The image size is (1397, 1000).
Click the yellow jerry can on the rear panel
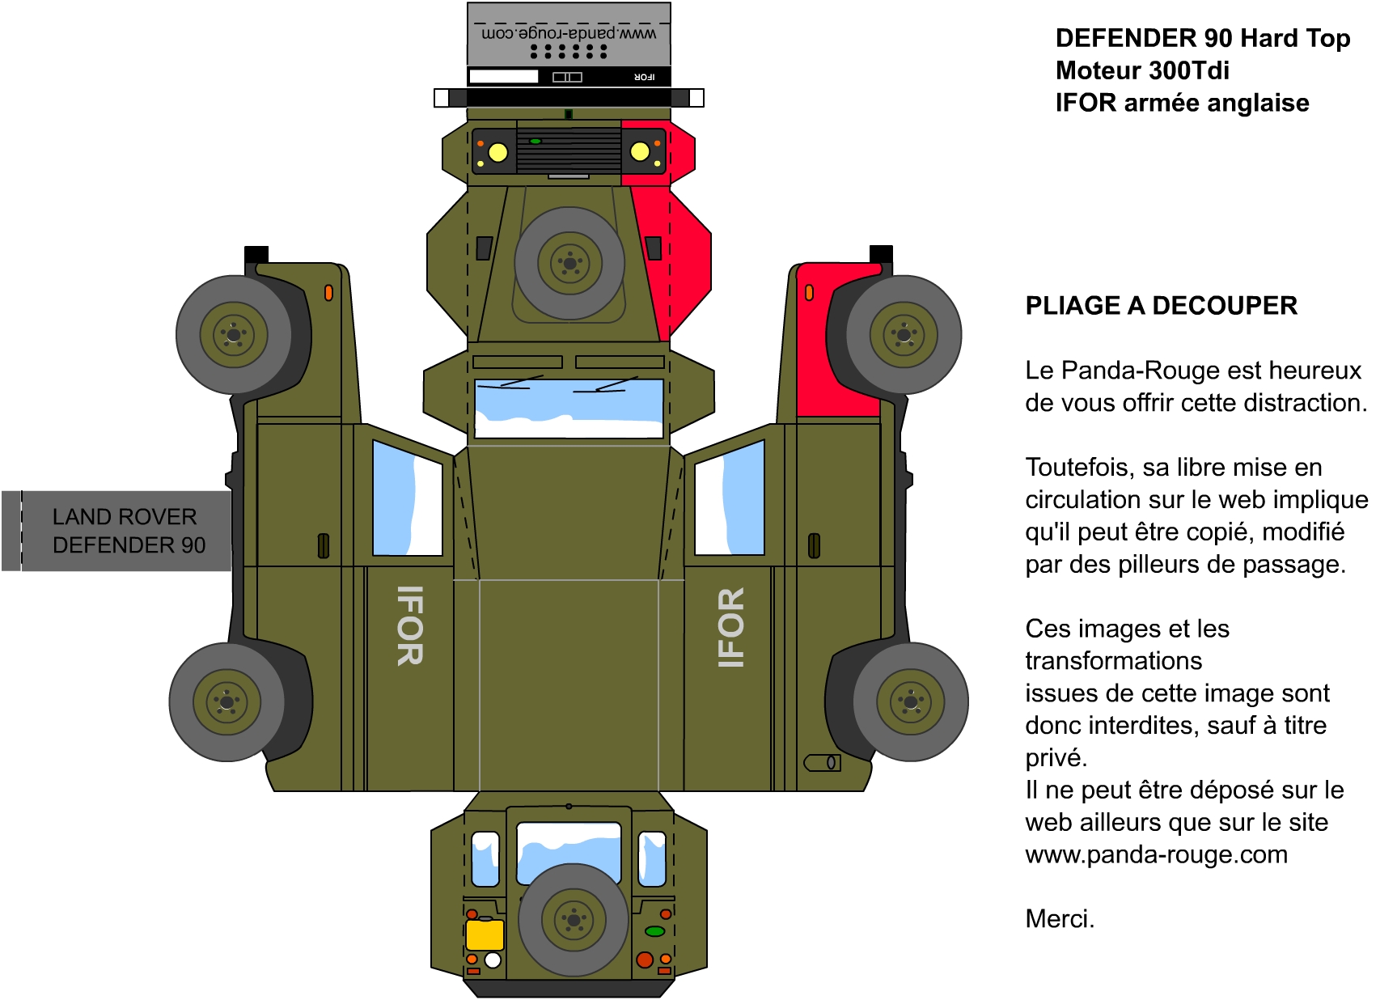[x=485, y=934]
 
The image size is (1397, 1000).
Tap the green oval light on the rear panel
[x=654, y=931]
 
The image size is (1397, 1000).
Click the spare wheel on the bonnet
[x=569, y=263]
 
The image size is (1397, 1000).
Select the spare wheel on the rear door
[x=574, y=920]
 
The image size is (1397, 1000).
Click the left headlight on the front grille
[x=498, y=152]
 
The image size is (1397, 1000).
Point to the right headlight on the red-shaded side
[x=640, y=151]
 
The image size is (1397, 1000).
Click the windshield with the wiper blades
[x=569, y=408]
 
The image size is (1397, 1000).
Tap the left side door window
[x=408, y=498]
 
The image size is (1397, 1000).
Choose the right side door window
[x=730, y=498]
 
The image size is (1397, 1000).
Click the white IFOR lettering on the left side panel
[x=410, y=625]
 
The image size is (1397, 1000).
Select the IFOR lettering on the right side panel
[x=730, y=628]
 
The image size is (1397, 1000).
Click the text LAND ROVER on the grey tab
[x=125, y=517]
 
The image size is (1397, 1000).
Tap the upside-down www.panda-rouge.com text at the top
[x=569, y=33]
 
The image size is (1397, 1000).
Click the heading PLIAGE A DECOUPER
[x=1161, y=306]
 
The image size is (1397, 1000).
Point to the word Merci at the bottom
[x=1060, y=919]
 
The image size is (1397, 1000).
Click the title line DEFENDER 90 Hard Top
[x=1203, y=38]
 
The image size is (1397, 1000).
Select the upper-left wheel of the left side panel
[x=234, y=335]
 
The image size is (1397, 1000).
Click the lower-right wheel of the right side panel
[x=911, y=701]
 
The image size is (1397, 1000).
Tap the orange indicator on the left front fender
[x=328, y=293]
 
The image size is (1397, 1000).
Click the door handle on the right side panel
[x=814, y=546]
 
